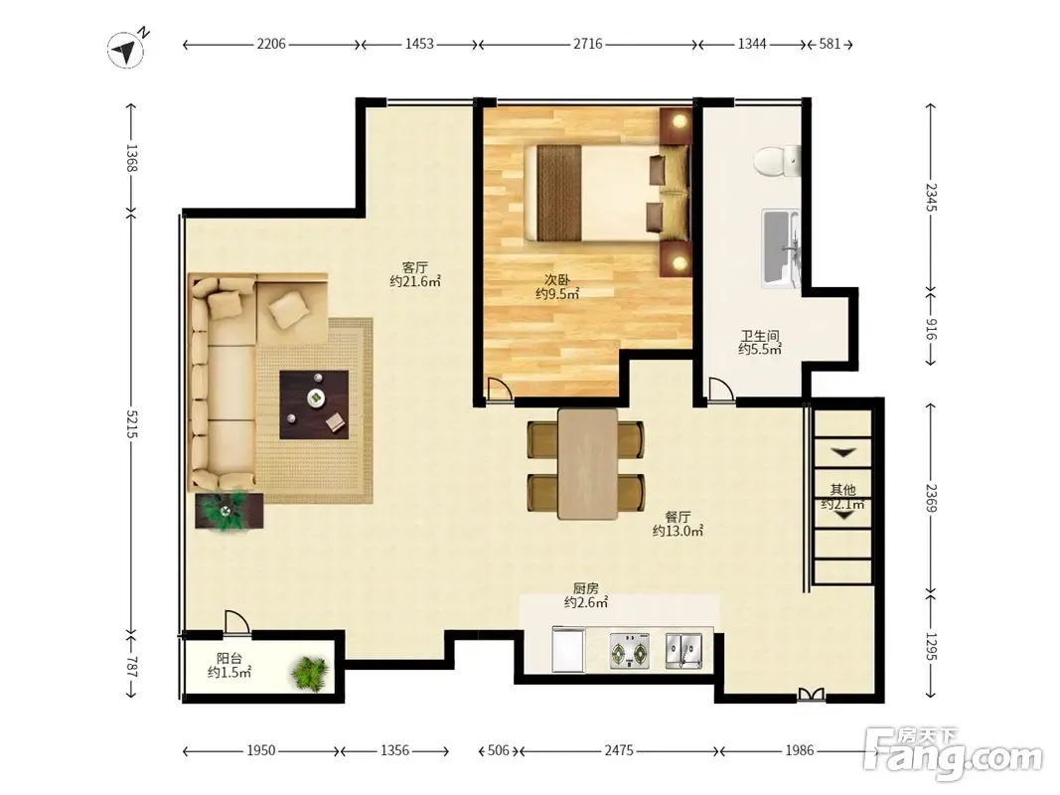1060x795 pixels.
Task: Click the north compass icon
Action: pos(127,49)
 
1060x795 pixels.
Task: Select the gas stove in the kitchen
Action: pos(630,651)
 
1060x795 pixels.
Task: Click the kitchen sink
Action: pos(683,651)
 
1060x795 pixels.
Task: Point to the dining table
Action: pos(587,464)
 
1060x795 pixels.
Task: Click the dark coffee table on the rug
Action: pos(314,404)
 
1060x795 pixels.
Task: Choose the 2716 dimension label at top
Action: pos(587,44)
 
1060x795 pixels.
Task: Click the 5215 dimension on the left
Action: pos(131,424)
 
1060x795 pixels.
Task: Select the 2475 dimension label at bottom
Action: pos(619,750)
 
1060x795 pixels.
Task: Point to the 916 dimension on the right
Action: pos(931,329)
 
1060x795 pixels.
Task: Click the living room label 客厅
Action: pos(414,267)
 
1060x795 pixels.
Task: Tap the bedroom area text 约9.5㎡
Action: pos(557,293)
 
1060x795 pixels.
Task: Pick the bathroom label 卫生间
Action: pos(761,335)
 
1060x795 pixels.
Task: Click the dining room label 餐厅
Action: pos(678,517)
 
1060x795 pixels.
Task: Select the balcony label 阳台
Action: pos(229,659)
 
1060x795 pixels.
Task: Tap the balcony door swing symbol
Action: pos(236,622)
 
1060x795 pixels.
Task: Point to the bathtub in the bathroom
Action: pos(782,248)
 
